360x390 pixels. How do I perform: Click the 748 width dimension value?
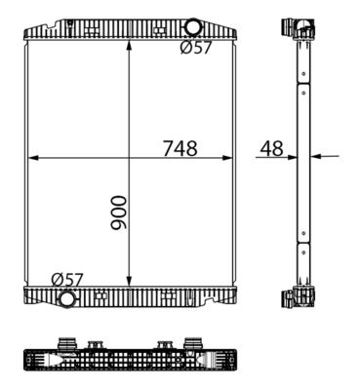[180, 148]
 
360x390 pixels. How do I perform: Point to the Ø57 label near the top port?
[195, 49]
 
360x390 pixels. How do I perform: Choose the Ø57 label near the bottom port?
[67, 280]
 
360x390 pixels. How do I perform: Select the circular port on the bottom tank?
[66, 298]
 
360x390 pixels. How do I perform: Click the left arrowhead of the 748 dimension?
[31, 156]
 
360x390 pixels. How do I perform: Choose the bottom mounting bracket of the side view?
[300, 296]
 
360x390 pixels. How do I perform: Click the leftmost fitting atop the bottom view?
[68, 342]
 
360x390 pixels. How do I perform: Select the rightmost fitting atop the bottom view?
[192, 342]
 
